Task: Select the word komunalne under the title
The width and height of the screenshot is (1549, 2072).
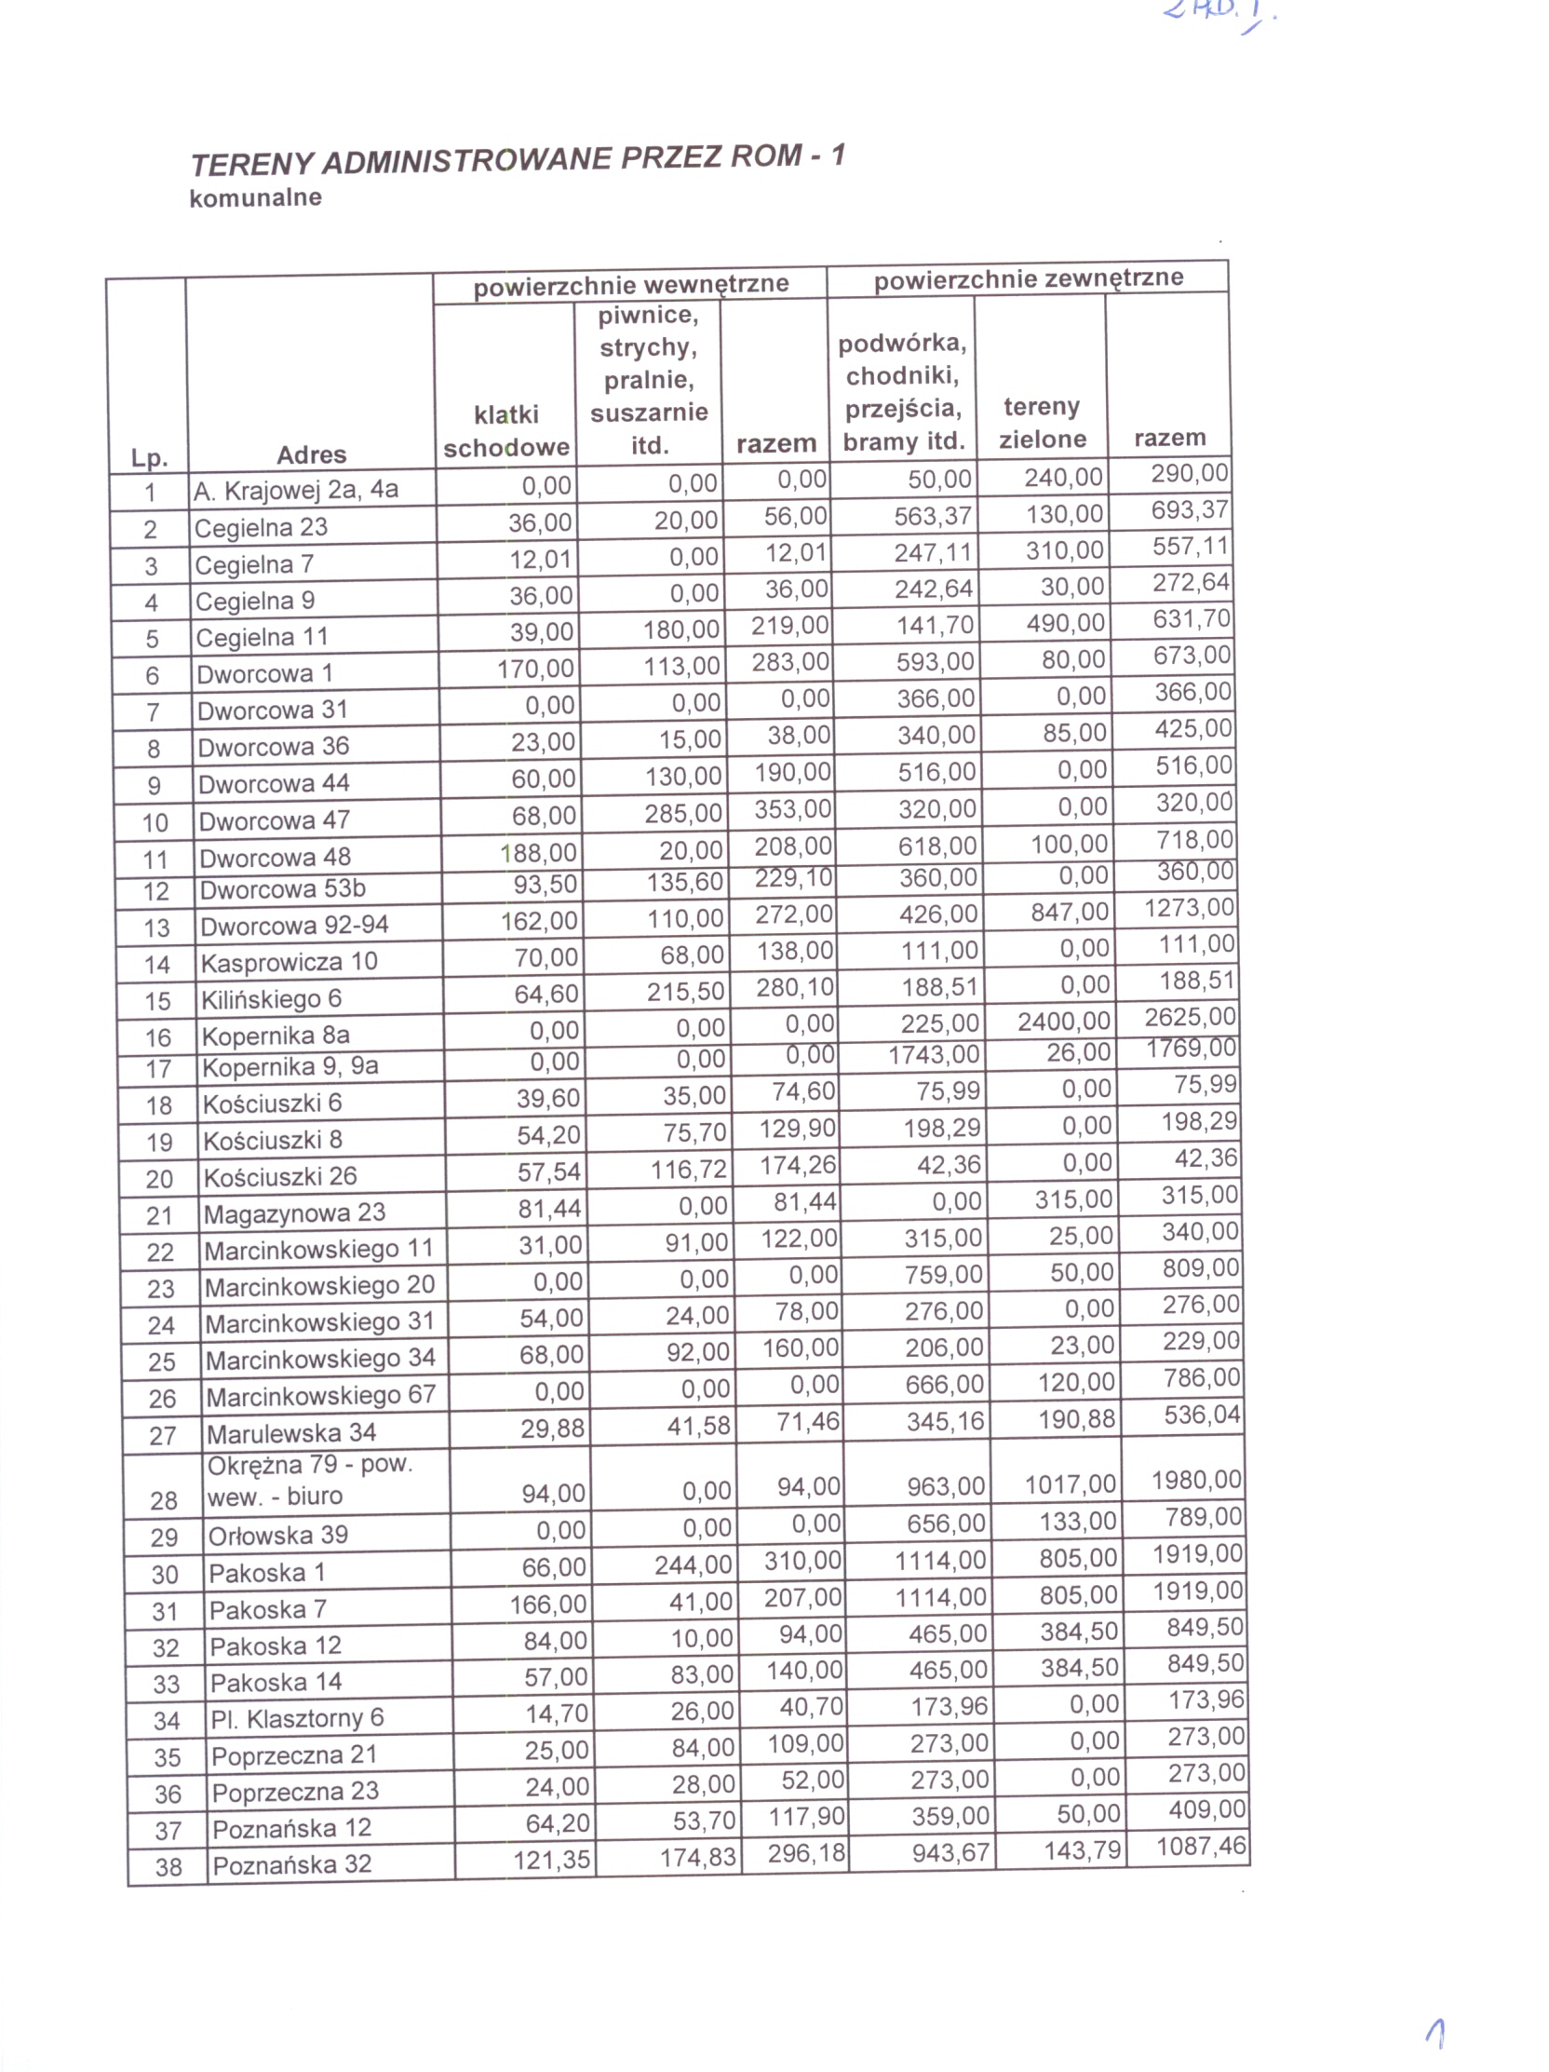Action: [x=255, y=197]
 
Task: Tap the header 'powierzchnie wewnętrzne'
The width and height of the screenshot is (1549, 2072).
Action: [x=630, y=285]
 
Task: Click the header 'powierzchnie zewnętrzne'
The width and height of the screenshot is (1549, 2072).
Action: [x=1028, y=278]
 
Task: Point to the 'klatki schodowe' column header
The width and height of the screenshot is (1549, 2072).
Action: [x=505, y=431]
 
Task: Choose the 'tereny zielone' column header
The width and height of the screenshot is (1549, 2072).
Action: [x=1042, y=423]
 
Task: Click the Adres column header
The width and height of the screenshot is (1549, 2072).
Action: [x=311, y=455]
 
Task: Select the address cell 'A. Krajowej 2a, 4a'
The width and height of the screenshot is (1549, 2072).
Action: [x=295, y=490]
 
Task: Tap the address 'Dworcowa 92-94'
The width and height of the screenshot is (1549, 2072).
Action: [x=294, y=926]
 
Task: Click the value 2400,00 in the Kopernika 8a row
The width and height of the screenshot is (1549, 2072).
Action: [x=1064, y=1021]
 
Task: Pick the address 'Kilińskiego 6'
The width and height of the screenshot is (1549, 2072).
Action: [x=271, y=999]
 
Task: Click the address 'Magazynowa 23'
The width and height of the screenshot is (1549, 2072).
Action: [x=294, y=1214]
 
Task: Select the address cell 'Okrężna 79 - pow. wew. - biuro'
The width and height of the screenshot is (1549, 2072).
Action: [x=309, y=1481]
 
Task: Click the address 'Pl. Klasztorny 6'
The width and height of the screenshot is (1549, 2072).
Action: [x=297, y=1718]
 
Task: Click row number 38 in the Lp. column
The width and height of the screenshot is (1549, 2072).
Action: [x=168, y=1867]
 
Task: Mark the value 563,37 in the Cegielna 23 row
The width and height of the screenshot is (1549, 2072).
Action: [x=932, y=516]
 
